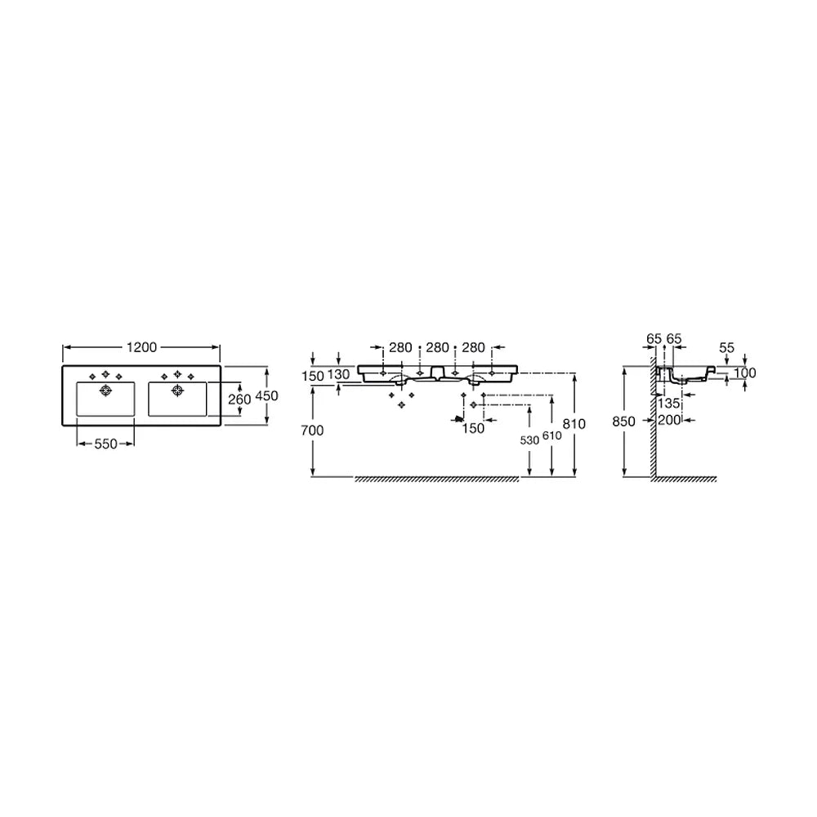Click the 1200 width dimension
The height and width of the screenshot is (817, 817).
[141, 347]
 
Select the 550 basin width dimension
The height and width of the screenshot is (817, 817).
[105, 444]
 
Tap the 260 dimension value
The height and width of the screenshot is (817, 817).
[239, 400]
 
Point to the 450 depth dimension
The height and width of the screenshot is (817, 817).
[267, 396]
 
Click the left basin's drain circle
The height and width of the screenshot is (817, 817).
[105, 391]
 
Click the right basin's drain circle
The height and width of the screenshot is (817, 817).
[177, 391]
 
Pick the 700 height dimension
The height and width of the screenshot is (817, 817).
[312, 431]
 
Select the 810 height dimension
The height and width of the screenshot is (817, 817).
[574, 424]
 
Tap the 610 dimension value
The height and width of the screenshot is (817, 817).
[551, 435]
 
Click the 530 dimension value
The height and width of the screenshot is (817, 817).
[529, 441]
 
